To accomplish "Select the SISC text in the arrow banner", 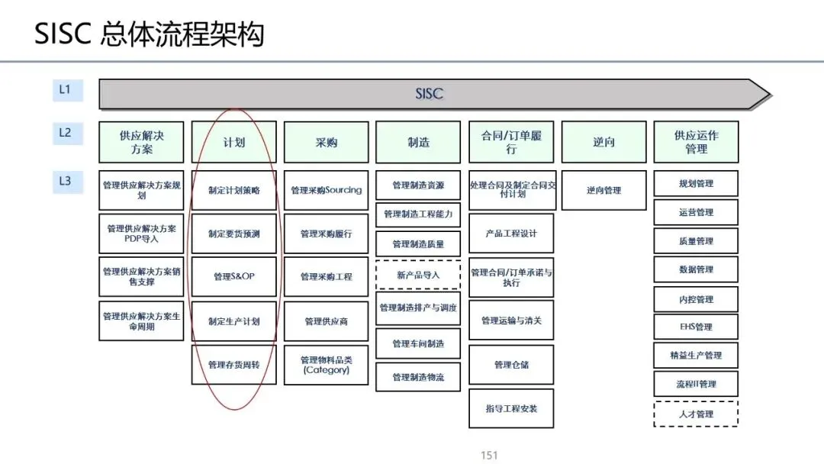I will point(429,95).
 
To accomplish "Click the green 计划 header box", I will point(233,142).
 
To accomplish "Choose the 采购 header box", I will point(326,142).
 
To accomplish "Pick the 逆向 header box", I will point(604,142).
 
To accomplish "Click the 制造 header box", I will point(418,142).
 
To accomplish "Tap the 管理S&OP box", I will point(233,276).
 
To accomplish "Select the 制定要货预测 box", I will point(233,234).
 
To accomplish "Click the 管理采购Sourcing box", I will point(326,190).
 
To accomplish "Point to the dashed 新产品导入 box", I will point(418,275).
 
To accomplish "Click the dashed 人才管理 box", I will point(696,414).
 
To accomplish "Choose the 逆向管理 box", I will point(604,190).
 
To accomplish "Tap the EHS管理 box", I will point(696,327).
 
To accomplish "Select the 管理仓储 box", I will point(511,365).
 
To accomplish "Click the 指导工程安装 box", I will point(511,408).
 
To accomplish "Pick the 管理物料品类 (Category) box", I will point(326,365).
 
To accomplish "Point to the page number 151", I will point(489,456).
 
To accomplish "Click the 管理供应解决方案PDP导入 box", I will point(141,234).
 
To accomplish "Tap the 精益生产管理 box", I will point(696,356).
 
